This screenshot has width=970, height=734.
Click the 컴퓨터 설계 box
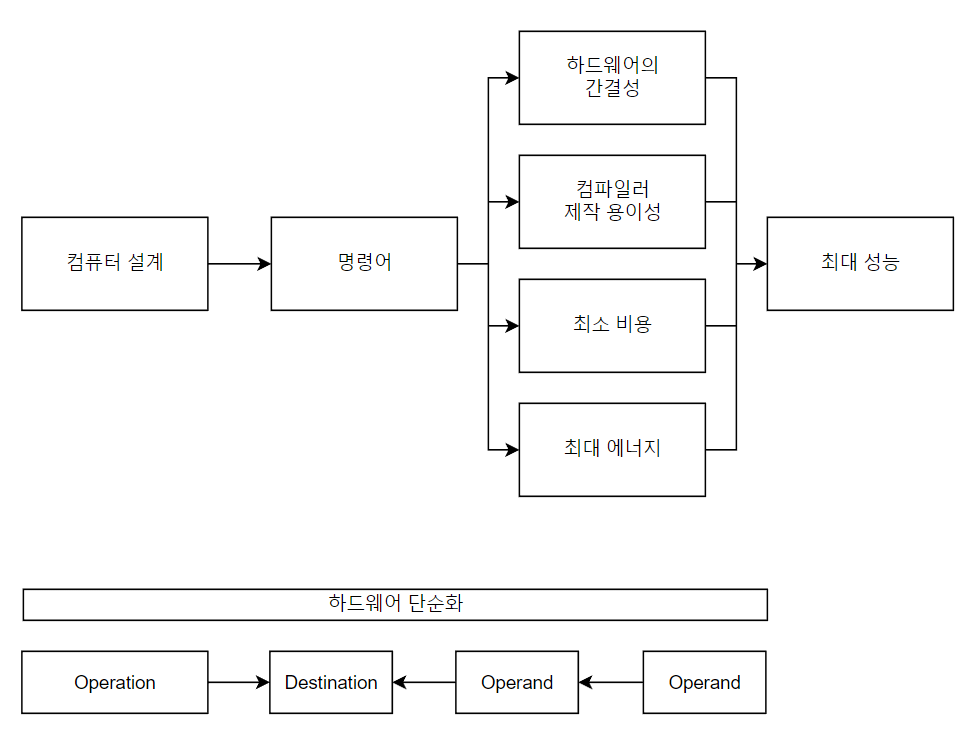tap(115, 264)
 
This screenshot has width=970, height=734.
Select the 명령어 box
tap(364, 264)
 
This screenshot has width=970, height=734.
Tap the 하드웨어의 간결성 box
tap(612, 78)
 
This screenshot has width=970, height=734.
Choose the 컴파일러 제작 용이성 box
tap(612, 202)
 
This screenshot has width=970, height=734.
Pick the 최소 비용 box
tap(612, 326)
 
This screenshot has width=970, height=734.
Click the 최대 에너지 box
tap(612, 450)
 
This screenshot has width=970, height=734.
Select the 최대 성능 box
tap(860, 264)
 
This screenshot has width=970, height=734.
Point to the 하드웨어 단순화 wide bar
tap(395, 605)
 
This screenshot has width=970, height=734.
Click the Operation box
tap(115, 683)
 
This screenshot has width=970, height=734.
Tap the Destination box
tap(331, 683)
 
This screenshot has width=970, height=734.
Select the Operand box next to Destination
tap(517, 683)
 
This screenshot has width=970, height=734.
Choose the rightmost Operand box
tap(704, 683)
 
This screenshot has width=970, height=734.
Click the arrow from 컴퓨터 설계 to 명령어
tap(239, 264)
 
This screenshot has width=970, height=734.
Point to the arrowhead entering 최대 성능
tap(760, 264)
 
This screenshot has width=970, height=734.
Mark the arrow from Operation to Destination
tap(239, 683)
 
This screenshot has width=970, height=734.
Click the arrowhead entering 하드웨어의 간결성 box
tap(512, 78)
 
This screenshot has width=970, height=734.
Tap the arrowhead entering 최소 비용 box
tap(512, 326)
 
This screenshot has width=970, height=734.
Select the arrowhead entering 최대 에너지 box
tap(512, 450)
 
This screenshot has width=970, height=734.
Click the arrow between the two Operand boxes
tap(611, 683)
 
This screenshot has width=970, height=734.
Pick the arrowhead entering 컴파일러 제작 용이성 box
tap(512, 202)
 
